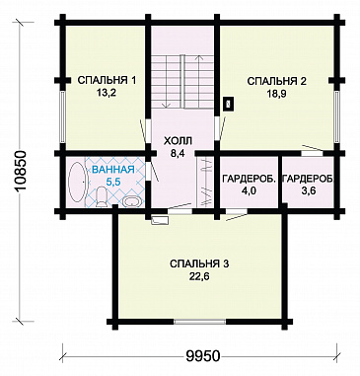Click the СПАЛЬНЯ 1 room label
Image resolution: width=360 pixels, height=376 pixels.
pyautogui.click(x=107, y=80)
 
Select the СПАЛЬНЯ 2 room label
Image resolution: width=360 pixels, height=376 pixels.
pyautogui.click(x=276, y=81)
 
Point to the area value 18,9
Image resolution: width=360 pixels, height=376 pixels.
pyautogui.click(x=276, y=94)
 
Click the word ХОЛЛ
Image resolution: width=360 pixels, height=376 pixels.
pyautogui.click(x=178, y=141)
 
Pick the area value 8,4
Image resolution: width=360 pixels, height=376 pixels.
pyautogui.click(x=178, y=154)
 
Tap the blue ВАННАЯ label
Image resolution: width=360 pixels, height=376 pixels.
pyautogui.click(x=113, y=170)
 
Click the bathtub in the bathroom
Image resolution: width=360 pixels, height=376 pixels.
pyautogui.click(x=77, y=182)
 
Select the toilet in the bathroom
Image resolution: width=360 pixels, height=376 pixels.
pyautogui.click(x=102, y=196)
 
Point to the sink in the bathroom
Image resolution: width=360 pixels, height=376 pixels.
pyautogui.click(x=132, y=201)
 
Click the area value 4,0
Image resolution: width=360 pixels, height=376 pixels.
pyautogui.click(x=249, y=191)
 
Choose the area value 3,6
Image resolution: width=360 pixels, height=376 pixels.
pyautogui.click(x=308, y=191)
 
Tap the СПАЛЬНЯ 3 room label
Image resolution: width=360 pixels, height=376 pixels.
pyautogui.click(x=199, y=263)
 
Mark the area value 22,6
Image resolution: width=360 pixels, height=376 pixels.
pyautogui.click(x=199, y=276)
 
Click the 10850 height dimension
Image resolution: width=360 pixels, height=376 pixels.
pyautogui.click(x=21, y=171)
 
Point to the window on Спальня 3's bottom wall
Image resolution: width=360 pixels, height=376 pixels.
pyautogui.click(x=200, y=322)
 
